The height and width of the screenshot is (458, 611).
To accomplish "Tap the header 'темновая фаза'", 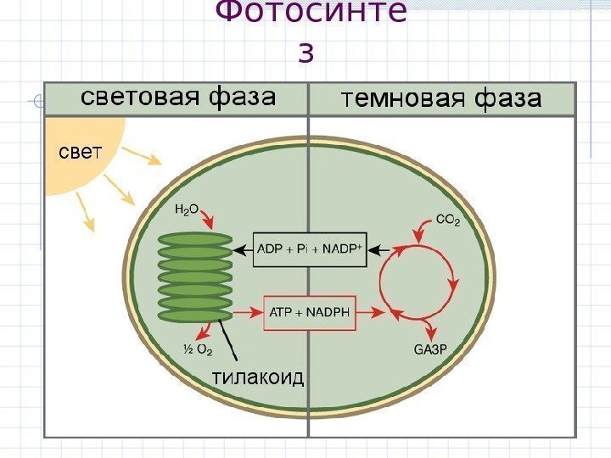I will tap(440, 100).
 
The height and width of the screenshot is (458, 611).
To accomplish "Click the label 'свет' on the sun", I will tap(78, 153).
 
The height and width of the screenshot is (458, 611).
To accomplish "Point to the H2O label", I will tap(187, 208).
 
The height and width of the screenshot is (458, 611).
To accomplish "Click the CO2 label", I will tap(447, 221).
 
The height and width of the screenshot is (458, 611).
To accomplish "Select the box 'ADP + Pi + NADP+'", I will tap(310, 249).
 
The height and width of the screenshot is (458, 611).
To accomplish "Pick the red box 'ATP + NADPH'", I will tap(310, 312).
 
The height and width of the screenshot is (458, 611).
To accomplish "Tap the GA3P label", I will tap(430, 348).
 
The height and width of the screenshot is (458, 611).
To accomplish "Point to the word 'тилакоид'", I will tap(257, 377).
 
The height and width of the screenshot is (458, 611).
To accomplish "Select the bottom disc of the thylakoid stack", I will tap(195, 316).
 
